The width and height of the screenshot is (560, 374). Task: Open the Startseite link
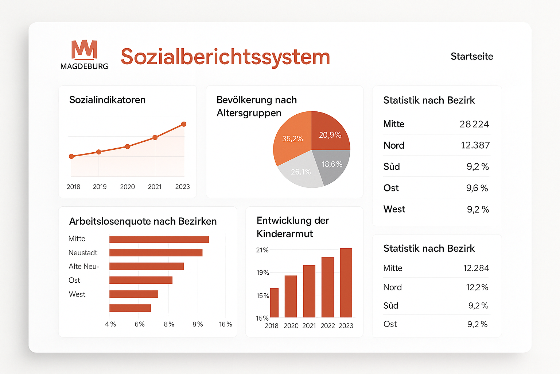click(471, 56)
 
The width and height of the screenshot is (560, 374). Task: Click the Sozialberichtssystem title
click(225, 57)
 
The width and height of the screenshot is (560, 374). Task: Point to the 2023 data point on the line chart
click(184, 124)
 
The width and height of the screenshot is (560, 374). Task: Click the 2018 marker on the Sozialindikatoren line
click(71, 156)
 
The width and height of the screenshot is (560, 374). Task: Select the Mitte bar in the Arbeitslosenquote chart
click(159, 239)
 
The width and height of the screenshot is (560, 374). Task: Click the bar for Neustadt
click(156, 252)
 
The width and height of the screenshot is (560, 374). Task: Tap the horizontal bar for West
click(134, 294)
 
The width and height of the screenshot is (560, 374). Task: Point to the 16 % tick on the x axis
click(225, 324)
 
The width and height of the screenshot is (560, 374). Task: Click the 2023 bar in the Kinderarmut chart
click(346, 283)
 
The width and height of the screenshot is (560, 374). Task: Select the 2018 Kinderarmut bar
click(274, 303)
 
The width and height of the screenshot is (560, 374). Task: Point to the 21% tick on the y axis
click(262, 250)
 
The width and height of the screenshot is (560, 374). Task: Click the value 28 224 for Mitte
click(474, 124)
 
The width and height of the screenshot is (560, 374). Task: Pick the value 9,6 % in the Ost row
click(477, 188)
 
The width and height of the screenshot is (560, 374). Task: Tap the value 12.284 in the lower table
click(476, 268)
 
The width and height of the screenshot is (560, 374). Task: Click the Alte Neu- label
click(84, 267)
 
